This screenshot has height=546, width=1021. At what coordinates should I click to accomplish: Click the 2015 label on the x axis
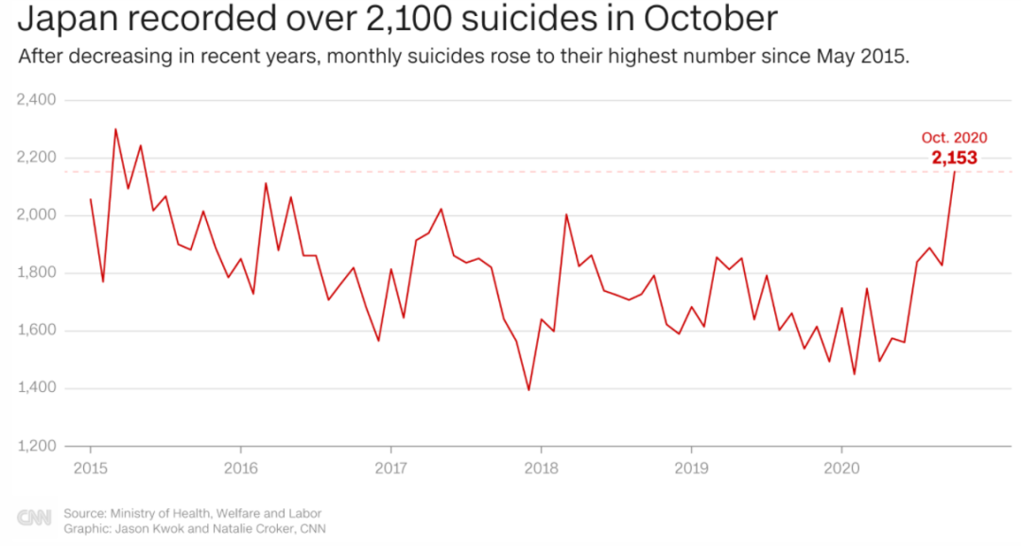(x=91, y=468)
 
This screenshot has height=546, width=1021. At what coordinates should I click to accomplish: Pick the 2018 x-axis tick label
(x=541, y=468)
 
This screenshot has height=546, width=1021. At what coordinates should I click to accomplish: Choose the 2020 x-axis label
(x=840, y=468)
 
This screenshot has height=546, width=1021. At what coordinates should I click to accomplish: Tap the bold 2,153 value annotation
(x=954, y=158)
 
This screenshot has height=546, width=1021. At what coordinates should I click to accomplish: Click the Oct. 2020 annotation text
(x=954, y=138)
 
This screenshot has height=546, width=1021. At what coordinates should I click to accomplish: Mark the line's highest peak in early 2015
(x=115, y=129)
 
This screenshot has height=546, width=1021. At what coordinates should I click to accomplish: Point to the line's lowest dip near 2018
(x=528, y=389)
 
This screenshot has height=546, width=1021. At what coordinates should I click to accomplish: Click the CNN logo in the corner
(x=34, y=519)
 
